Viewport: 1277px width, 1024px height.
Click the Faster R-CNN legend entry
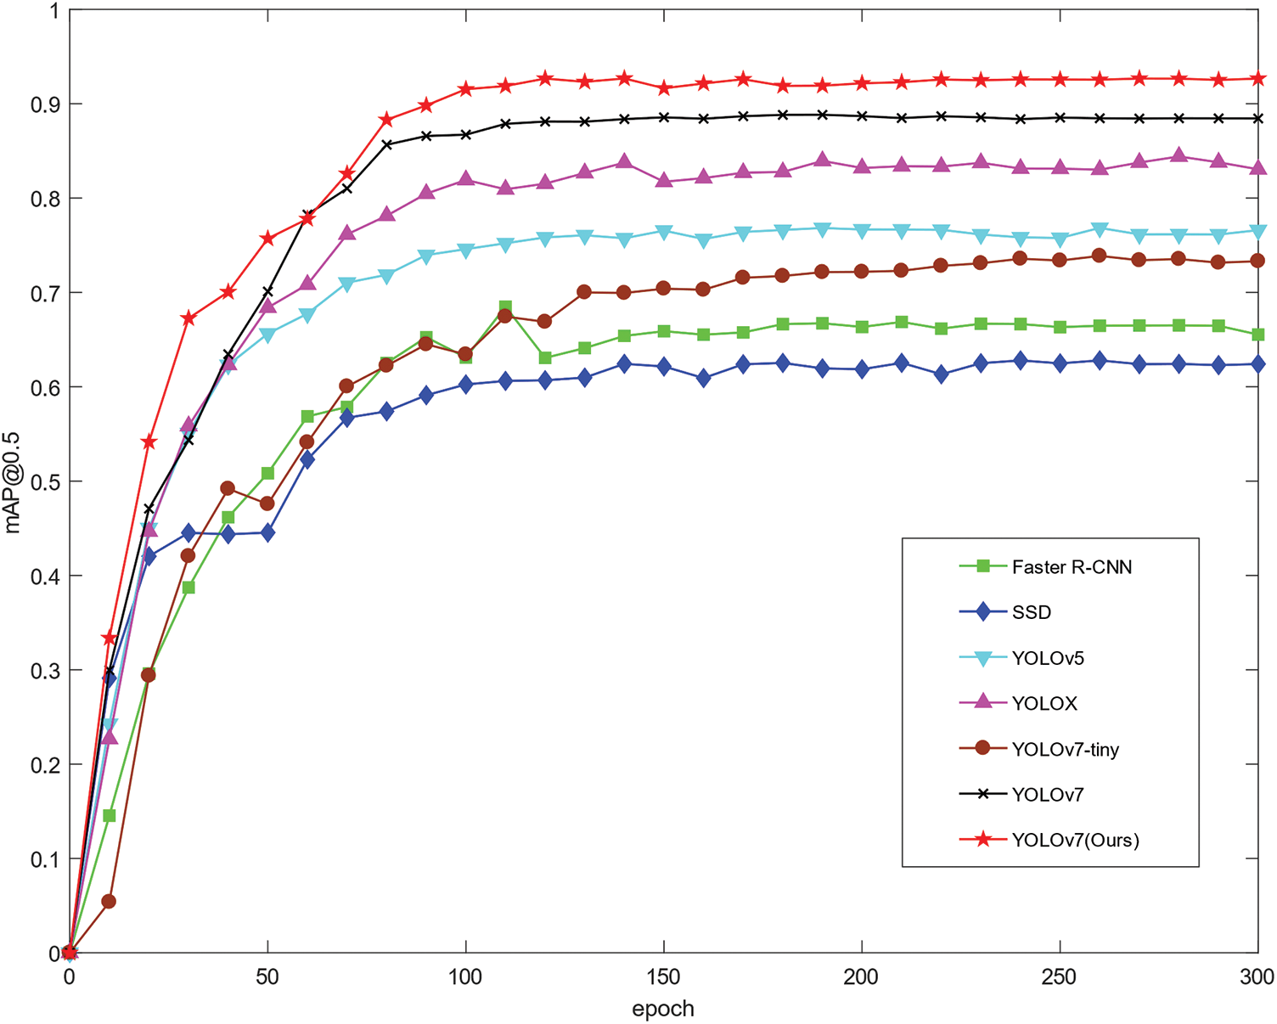pos(1072,567)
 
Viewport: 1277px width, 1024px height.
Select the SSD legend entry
pos(1031,612)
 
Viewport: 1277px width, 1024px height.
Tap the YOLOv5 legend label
pos(1048,658)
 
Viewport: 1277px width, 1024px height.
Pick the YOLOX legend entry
pos(1044,703)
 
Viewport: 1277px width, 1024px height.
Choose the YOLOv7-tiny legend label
pos(1065,749)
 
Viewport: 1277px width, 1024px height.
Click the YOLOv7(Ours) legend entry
pos(1075,840)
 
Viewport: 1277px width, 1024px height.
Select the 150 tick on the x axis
pos(663,977)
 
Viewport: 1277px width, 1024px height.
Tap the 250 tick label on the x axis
pos(1060,977)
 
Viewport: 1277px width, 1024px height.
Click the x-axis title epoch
pos(663,1009)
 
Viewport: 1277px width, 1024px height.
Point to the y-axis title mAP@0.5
pos(13,482)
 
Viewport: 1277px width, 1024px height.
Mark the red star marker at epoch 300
pos(1257,79)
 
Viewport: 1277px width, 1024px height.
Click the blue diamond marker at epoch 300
pos(1257,364)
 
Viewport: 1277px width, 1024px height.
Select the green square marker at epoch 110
pos(505,307)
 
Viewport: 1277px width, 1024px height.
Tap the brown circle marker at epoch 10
pos(109,901)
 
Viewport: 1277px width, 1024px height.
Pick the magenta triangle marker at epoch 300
pos(1257,167)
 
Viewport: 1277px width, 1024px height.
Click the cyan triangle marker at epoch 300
pos(1257,232)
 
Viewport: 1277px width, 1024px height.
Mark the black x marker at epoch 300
pos(1257,118)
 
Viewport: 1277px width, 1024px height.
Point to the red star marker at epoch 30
pos(188,318)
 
